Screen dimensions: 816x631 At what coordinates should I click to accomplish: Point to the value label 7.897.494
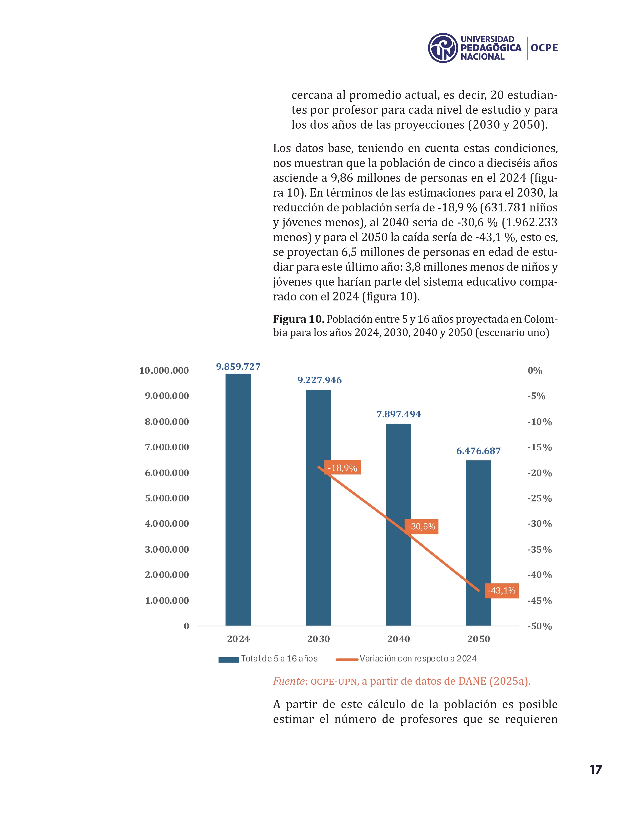[x=398, y=414]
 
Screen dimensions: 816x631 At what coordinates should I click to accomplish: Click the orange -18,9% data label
[x=342, y=468]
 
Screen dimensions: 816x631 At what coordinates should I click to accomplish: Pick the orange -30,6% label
[x=421, y=526]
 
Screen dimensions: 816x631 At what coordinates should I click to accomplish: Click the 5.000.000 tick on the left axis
[x=167, y=498]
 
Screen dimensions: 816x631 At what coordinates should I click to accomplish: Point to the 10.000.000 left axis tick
[x=164, y=371]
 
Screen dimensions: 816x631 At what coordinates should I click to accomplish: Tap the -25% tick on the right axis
[x=539, y=499]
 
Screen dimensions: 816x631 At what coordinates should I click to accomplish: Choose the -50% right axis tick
[x=539, y=626]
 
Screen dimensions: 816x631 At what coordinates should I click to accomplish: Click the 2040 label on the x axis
[x=398, y=639]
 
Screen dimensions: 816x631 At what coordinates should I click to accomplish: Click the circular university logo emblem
[x=443, y=48]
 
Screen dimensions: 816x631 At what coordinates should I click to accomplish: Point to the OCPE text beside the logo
[x=544, y=48]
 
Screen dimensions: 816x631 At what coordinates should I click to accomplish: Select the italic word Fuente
[x=289, y=681]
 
